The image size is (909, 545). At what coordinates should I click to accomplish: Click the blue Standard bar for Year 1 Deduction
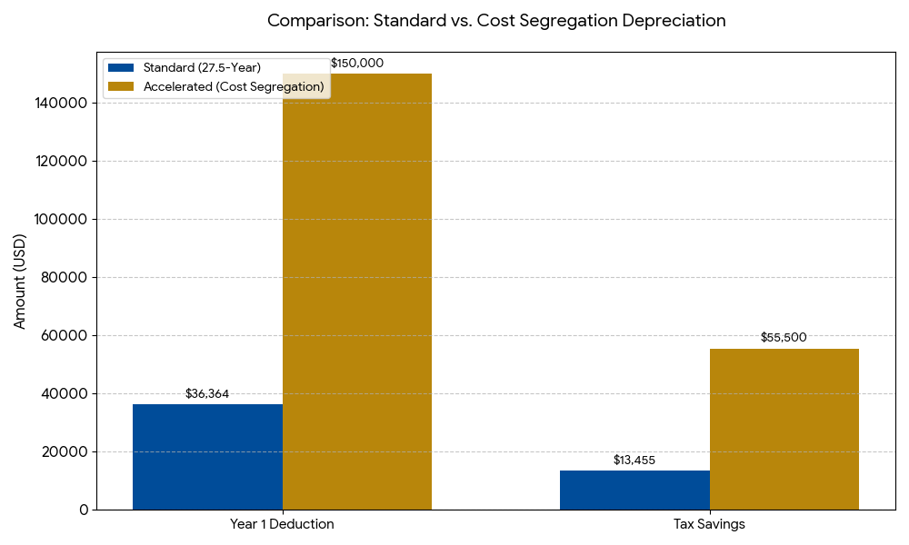[x=207, y=457]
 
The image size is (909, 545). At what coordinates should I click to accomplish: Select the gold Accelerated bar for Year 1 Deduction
[x=357, y=291]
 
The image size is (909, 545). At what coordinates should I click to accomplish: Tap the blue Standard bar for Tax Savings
[x=634, y=490]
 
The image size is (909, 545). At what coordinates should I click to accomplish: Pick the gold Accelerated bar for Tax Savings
[x=784, y=429]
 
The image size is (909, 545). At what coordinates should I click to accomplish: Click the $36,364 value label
[x=207, y=394]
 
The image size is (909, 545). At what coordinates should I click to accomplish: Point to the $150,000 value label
[x=357, y=64]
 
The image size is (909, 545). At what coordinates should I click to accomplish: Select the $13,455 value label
[x=634, y=461]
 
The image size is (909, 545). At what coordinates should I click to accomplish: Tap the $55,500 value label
[x=784, y=338]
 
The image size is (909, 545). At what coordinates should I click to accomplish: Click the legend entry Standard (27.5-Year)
[x=202, y=68]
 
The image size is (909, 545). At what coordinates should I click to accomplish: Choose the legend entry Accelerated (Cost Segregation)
[x=234, y=86]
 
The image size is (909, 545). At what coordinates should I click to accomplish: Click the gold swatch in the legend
[x=121, y=86]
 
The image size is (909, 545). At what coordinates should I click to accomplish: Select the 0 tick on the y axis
[x=84, y=510]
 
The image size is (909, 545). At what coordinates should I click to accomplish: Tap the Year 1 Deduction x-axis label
[x=282, y=525]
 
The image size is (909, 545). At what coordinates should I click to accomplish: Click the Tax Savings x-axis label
[x=709, y=525]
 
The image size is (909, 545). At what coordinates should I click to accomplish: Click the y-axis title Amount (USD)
[x=20, y=281]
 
